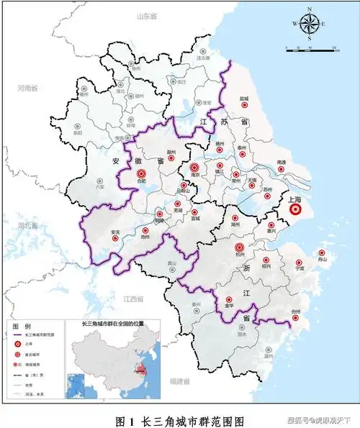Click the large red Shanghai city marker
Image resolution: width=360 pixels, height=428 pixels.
point(295,209)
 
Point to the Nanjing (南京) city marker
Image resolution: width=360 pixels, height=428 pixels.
point(194,168)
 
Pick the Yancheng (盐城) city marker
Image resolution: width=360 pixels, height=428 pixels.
point(244,104)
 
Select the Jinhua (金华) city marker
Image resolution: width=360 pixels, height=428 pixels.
point(229,299)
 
